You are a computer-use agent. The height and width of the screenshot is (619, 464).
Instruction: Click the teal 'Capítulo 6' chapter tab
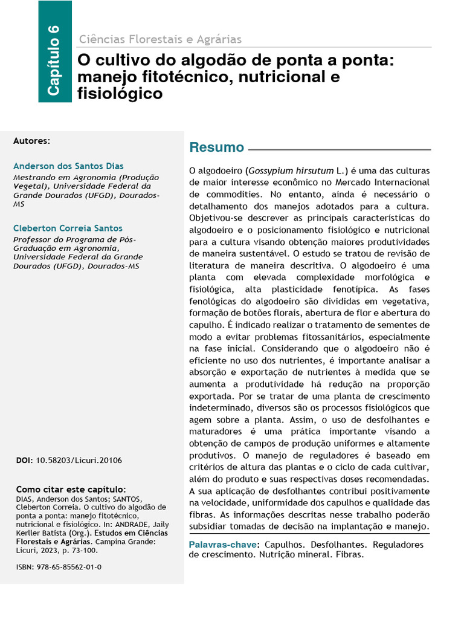point(54,51)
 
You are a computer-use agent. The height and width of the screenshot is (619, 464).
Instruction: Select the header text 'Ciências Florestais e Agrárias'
point(160,39)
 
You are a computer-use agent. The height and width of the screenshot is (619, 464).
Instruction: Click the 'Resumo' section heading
point(216,147)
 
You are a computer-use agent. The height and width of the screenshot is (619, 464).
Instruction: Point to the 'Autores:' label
point(32,140)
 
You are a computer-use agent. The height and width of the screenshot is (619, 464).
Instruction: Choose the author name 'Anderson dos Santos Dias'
point(68,166)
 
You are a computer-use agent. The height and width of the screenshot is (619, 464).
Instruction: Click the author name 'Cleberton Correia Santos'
point(68,228)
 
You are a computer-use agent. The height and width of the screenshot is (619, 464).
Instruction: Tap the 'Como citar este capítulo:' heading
point(71,489)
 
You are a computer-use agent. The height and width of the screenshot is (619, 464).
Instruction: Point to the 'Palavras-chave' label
point(222,545)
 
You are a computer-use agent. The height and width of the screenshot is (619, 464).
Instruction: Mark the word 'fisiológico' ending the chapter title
point(120,94)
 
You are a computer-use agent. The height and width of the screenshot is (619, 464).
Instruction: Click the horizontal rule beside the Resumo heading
point(340,149)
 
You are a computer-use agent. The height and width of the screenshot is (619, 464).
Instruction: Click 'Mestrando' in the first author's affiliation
point(35,178)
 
